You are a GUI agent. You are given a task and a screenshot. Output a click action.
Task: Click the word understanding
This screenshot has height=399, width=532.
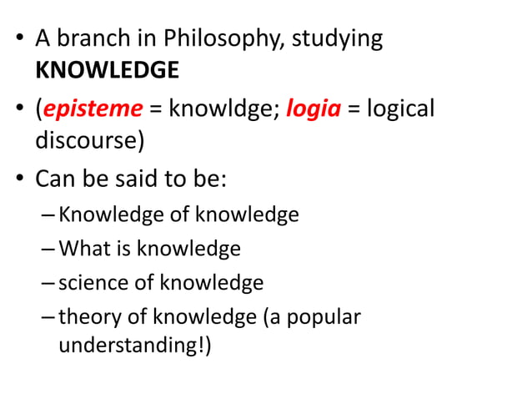128,345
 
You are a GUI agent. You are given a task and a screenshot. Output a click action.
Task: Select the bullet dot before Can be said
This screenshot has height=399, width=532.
19,179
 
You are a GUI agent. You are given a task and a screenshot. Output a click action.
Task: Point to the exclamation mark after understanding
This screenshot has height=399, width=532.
202,344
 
